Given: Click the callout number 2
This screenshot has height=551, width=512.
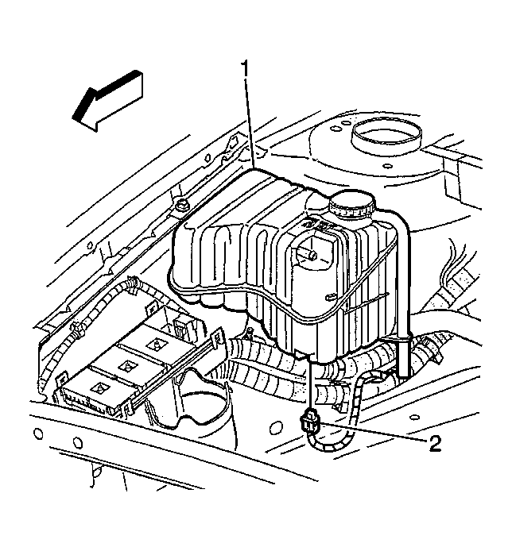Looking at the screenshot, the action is click(435, 444).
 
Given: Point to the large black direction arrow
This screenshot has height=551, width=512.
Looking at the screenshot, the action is click(107, 101).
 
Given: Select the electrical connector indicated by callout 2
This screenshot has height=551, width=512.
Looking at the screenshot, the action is click(309, 421).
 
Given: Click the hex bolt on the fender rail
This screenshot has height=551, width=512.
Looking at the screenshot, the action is click(182, 204).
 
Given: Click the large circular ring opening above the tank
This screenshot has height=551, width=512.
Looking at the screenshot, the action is click(386, 136).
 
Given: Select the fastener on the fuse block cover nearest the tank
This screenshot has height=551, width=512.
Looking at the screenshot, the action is click(155, 344).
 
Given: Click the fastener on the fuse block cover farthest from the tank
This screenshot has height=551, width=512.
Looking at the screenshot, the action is click(99, 387).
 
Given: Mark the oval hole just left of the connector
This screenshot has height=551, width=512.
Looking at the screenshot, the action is click(274, 428).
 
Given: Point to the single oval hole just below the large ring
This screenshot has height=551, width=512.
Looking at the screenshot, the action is click(386, 165).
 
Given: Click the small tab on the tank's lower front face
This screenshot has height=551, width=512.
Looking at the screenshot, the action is click(330, 297).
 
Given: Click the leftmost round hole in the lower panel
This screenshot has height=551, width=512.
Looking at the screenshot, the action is click(38, 434).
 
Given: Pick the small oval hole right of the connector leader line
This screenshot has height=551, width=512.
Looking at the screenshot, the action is click(415, 418).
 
